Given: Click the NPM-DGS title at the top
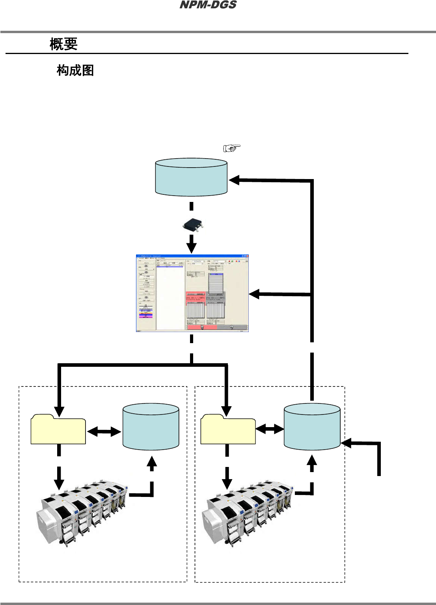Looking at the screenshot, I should point(208,5).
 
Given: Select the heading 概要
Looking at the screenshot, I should point(63,44).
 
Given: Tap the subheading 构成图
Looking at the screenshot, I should point(75,71).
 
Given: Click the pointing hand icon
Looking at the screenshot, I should point(232,148).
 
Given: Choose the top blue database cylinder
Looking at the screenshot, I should point(191,177).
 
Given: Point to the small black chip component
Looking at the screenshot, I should point(193,225).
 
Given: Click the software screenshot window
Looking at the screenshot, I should point(192,293).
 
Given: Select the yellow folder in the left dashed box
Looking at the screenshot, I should point(58,429).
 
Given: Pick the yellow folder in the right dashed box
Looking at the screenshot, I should point(228,429).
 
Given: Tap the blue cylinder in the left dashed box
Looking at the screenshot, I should point(151,426).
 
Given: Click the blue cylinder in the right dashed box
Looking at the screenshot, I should point(312,426).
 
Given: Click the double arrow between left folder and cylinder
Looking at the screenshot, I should point(104,431).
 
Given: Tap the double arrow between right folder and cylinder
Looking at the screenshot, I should point(270,429).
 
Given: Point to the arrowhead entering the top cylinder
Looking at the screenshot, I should point(235,180).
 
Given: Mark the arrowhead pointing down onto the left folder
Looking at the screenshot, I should point(59,412).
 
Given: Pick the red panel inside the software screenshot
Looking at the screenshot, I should point(196,297).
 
